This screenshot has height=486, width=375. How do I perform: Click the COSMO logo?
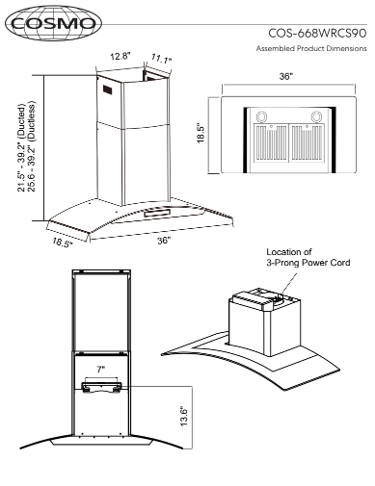coord(53,23)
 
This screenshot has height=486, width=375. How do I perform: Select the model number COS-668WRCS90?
coord(317,34)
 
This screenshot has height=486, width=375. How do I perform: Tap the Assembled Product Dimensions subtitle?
coord(311,48)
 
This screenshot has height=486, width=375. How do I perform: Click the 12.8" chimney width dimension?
coord(121,57)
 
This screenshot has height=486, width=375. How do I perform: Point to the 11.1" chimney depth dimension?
coord(161,59)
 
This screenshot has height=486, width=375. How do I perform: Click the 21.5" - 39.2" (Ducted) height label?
coord(21,148)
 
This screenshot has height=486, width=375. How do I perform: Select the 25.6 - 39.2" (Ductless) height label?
coord(32,146)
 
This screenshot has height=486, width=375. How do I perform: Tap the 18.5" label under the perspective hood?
coord(63,243)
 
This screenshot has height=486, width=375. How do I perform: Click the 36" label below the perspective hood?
coord(164,241)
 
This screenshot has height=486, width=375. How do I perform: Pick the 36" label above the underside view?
coord(286,76)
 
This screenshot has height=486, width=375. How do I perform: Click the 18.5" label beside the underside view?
coord(201,133)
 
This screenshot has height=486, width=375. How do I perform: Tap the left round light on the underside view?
coord(260,116)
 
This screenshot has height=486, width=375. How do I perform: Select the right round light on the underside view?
coord(316,116)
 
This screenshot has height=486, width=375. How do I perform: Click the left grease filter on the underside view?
coord(271,142)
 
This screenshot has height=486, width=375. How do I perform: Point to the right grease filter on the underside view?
coord(307,142)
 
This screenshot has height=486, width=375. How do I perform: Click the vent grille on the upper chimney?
coord(108,90)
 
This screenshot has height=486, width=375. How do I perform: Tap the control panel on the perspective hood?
coord(157,213)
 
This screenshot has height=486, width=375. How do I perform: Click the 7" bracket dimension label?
coord(101,370)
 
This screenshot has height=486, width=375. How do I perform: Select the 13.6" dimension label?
coord(184,417)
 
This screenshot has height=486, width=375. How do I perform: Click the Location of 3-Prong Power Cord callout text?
coord(308,258)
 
